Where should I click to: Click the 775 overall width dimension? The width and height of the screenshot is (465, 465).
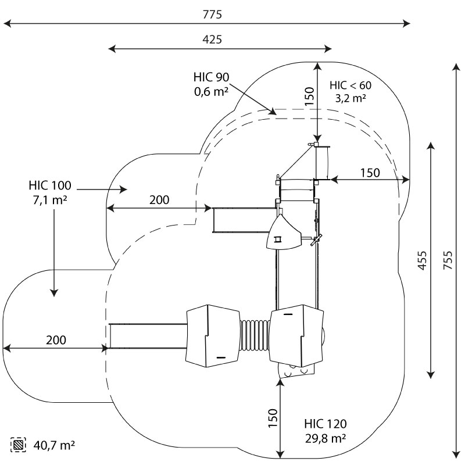coord(212,14)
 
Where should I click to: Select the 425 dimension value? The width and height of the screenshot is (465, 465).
coord(212,39)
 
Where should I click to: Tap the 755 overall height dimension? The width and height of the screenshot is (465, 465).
coord(448,260)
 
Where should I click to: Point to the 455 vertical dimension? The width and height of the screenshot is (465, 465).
coord(423,260)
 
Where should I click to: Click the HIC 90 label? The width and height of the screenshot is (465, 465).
coord(211,77)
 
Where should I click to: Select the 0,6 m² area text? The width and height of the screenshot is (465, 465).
coord(211,92)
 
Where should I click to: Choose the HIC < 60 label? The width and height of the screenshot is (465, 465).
coord(350,85)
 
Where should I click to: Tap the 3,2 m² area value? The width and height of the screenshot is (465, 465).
coord(350,98)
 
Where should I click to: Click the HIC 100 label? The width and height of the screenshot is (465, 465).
coord(50,185)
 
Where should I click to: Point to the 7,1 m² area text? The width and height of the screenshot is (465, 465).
coord(50,200)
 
